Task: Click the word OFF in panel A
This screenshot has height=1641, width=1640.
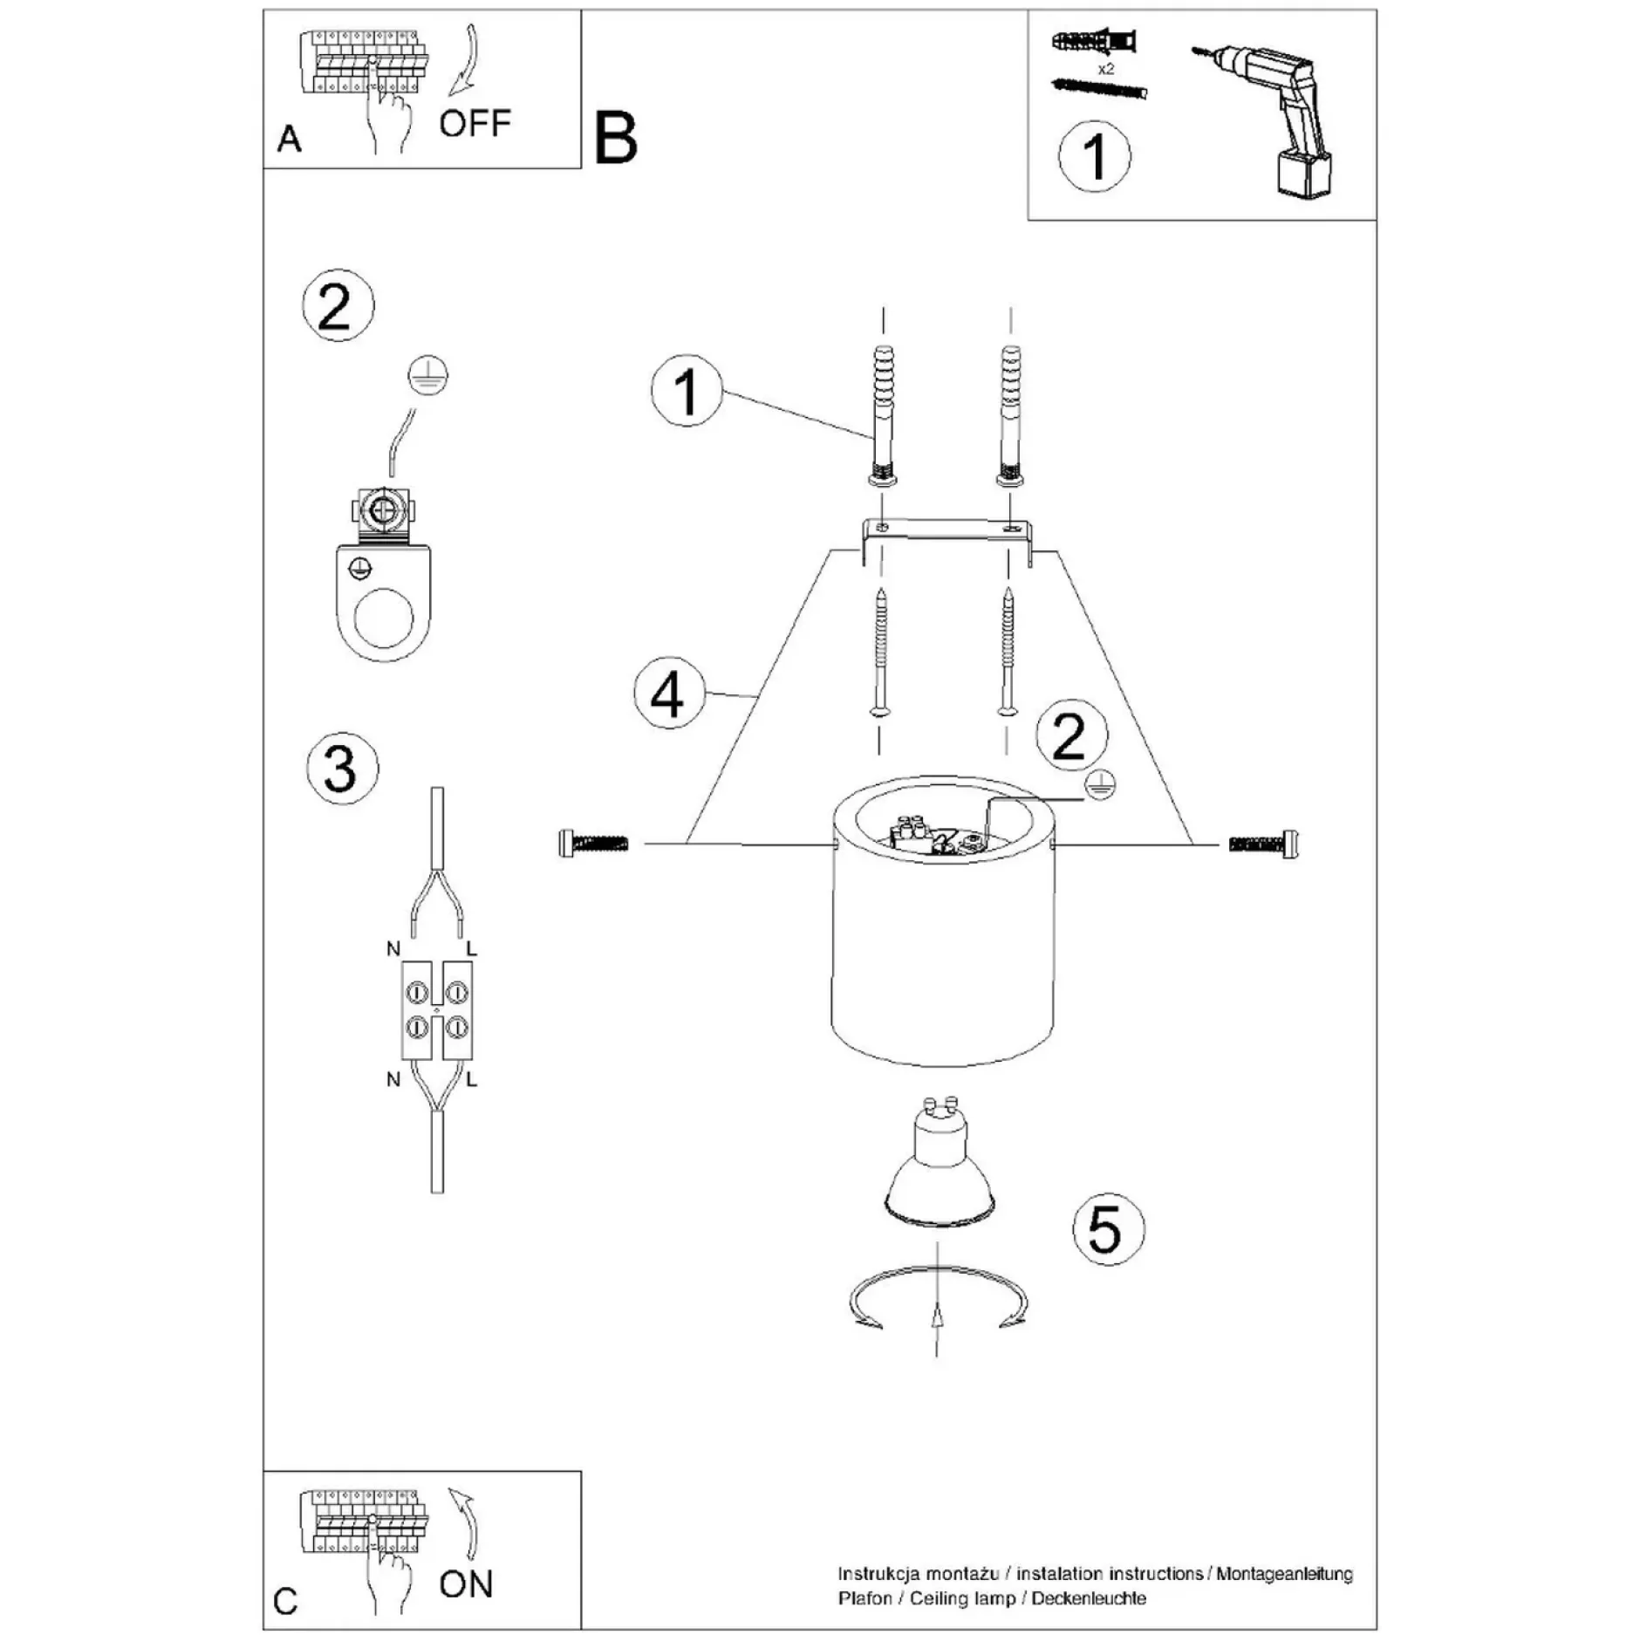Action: (x=475, y=124)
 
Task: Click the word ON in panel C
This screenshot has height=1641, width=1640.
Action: (x=466, y=1584)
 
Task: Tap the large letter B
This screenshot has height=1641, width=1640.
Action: (x=616, y=138)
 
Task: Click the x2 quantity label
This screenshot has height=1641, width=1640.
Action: (x=1106, y=69)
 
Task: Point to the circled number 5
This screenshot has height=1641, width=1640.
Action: (x=1108, y=1228)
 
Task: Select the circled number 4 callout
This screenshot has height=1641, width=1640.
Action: (x=669, y=695)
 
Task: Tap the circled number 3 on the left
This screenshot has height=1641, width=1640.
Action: (x=342, y=769)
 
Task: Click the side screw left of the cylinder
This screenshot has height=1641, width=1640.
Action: (x=592, y=844)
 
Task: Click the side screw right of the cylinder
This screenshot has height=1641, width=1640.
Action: (x=1264, y=844)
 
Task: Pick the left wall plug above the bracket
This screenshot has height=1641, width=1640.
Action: (x=883, y=414)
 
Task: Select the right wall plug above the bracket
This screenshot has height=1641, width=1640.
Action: (x=1010, y=414)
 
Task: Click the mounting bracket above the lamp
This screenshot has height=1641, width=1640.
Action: (x=947, y=539)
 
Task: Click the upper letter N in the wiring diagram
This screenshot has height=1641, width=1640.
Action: (x=393, y=948)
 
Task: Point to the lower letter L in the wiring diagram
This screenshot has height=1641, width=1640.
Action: (x=471, y=1080)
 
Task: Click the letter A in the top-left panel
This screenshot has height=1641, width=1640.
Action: (x=290, y=139)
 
